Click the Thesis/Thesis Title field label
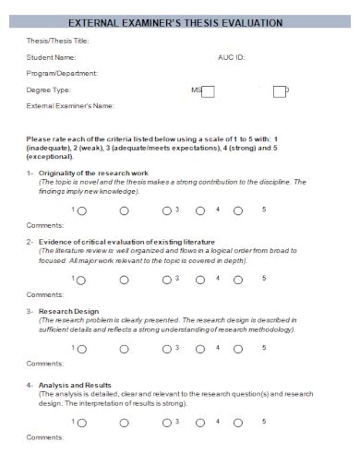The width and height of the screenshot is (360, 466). pyautogui.click(x=56, y=42)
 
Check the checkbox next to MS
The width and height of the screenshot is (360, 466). pyautogui.click(x=209, y=90)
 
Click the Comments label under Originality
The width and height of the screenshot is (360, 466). pyautogui.click(x=44, y=225)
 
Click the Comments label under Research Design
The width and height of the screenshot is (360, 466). pyautogui.click(x=44, y=363)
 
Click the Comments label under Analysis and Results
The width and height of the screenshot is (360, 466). pyautogui.click(x=44, y=436)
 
